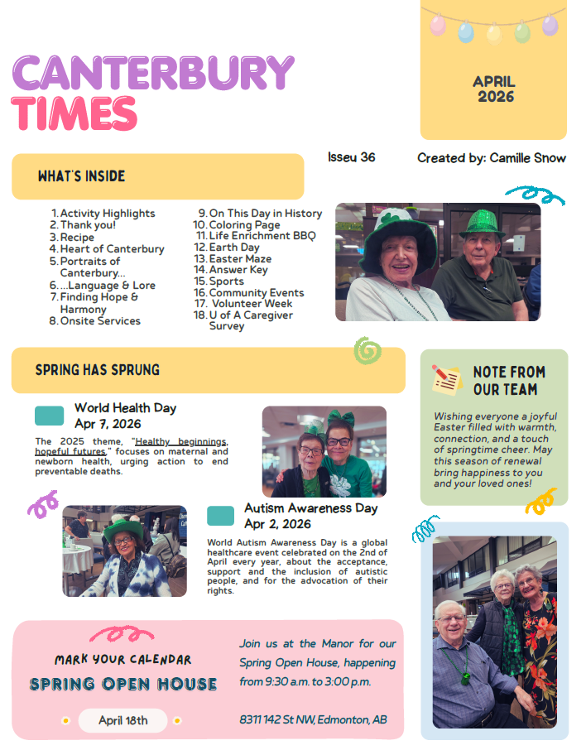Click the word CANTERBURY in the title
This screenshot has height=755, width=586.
153,74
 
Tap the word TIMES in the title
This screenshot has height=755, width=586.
74,113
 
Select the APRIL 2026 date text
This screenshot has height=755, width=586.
494,89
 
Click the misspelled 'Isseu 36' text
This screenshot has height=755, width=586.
351,157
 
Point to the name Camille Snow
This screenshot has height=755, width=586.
527,157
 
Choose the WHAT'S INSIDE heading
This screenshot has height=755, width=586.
81,176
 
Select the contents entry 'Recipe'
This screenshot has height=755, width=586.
77,237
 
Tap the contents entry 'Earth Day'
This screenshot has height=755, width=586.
234,247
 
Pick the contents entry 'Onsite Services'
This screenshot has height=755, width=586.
100,320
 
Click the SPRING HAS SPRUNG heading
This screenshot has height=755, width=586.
98,370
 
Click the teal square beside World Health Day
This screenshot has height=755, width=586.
49,416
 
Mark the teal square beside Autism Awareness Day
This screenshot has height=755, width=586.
220,516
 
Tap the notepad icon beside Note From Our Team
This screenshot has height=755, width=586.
446,379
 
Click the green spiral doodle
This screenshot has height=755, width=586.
367,351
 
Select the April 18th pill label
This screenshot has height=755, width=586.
122,720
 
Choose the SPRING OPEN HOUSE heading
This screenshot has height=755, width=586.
123,685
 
